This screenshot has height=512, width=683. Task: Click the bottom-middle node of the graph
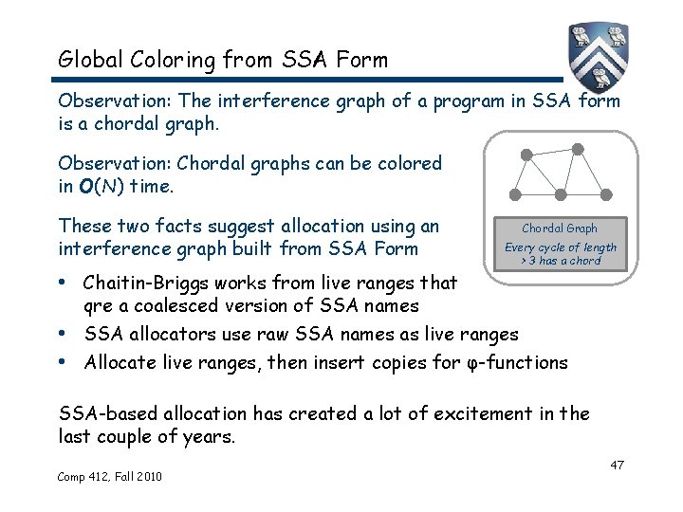coord(560,194)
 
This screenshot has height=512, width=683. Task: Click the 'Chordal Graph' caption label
coord(560,229)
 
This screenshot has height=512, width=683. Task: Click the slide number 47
coord(617,465)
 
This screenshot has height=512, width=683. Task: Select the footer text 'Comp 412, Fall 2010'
coord(110,476)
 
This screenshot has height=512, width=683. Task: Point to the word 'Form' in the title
coord(360,60)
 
